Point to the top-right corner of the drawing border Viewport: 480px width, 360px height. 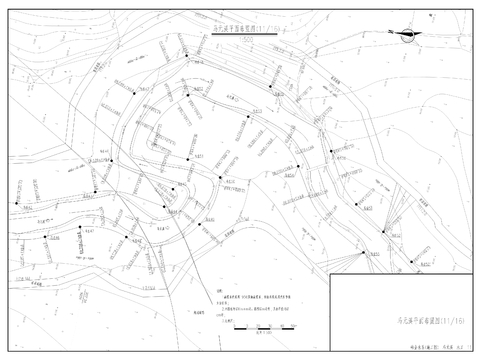pos(474,7)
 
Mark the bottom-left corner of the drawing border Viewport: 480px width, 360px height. pos(6,352)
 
